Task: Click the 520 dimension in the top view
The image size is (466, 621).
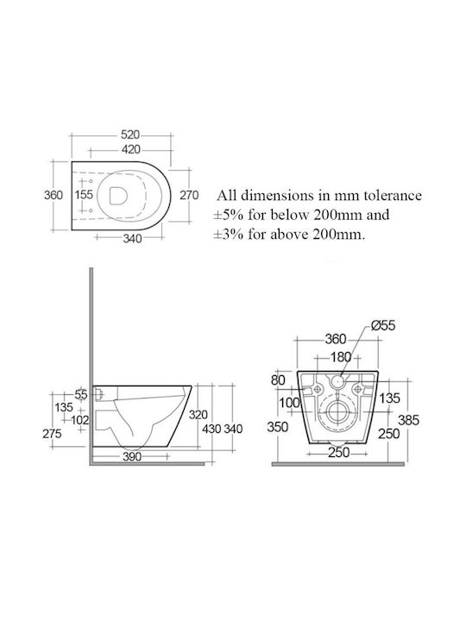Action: click(130, 135)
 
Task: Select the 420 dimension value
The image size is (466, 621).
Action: click(131, 149)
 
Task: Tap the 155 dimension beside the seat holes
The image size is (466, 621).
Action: click(84, 194)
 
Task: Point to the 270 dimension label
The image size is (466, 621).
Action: click(189, 195)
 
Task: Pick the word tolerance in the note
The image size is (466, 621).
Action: click(393, 195)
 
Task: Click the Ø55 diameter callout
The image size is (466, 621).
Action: click(383, 325)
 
